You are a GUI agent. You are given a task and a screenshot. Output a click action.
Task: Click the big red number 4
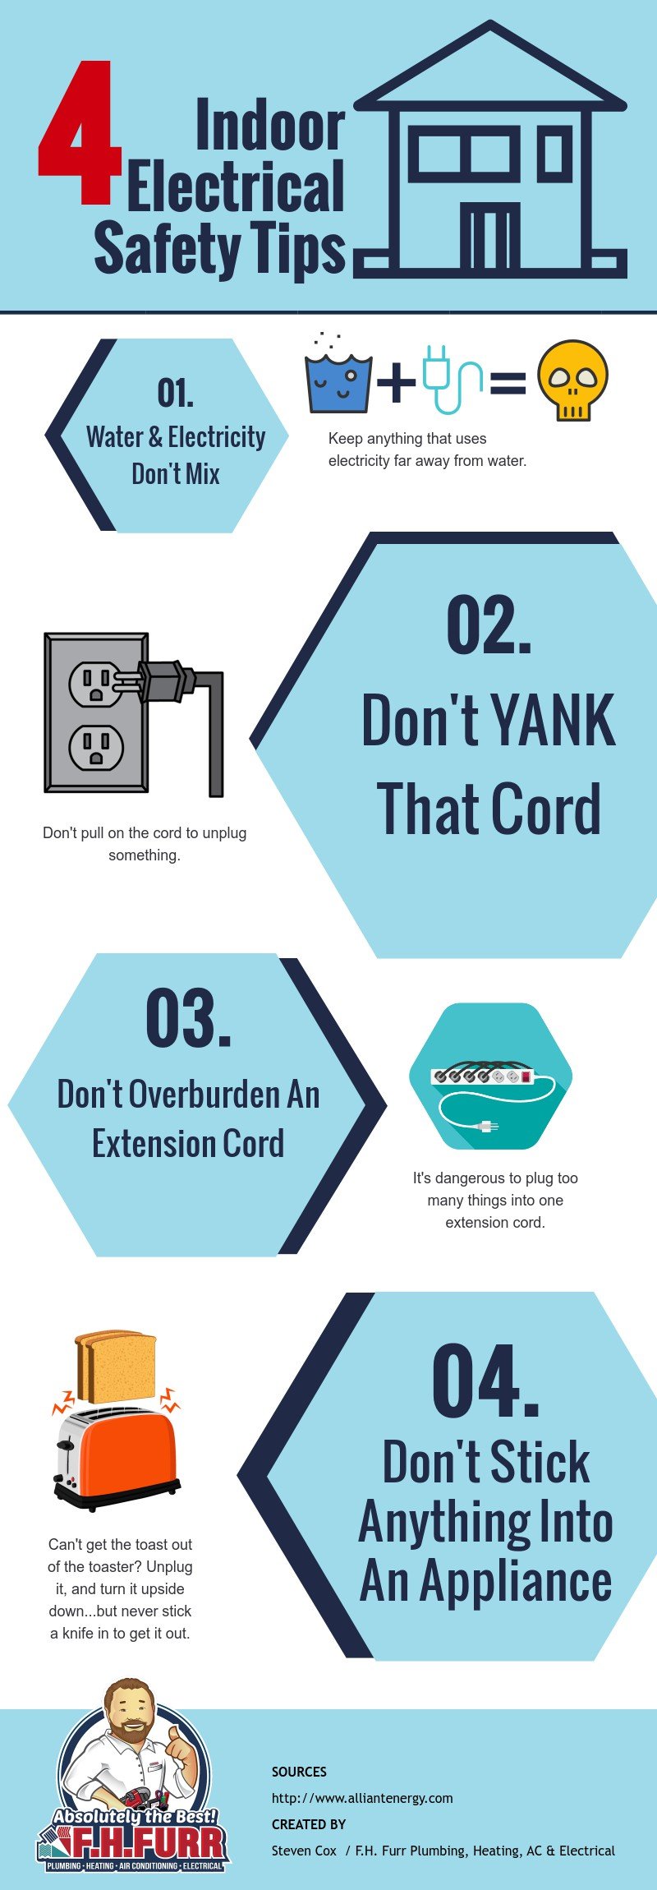click(80, 132)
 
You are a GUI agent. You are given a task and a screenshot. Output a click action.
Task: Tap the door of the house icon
click(489, 236)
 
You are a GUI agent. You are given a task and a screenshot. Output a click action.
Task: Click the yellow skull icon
click(573, 380)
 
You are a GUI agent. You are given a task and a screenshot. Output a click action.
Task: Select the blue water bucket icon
click(338, 381)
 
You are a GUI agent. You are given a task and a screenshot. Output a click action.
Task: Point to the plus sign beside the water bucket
click(397, 381)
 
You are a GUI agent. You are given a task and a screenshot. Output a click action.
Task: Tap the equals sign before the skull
click(508, 383)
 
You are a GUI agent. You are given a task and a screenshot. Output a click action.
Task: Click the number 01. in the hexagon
click(176, 393)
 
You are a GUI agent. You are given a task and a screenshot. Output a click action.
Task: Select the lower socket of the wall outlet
click(96, 747)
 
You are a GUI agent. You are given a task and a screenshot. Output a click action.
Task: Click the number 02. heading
click(489, 625)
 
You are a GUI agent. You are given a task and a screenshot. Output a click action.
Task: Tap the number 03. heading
click(188, 1019)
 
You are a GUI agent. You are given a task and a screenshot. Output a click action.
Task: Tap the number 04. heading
click(485, 1383)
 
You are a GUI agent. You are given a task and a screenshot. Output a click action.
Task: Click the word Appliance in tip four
click(516, 1581)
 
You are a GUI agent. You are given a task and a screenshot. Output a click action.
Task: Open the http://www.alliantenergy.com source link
click(362, 1798)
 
